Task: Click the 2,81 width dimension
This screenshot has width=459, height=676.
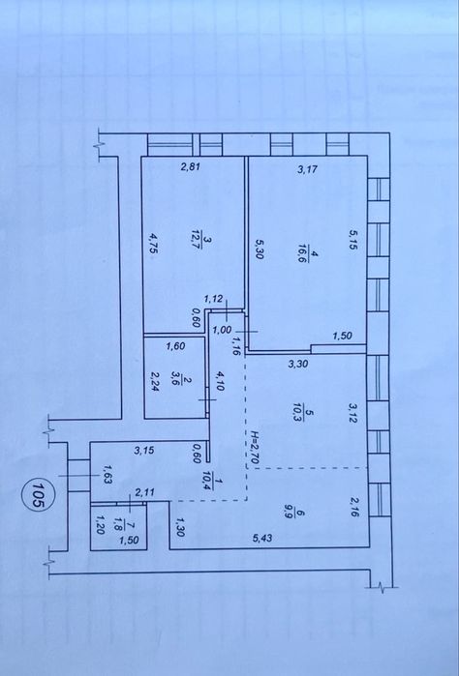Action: click(x=191, y=167)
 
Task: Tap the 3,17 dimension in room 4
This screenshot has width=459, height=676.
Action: click(x=308, y=169)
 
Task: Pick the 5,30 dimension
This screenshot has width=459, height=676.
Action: click(x=260, y=249)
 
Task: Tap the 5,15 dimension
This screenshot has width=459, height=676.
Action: click(x=353, y=239)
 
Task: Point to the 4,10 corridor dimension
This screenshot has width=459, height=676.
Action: click(x=220, y=381)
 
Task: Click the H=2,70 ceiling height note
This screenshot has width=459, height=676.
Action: click(x=255, y=447)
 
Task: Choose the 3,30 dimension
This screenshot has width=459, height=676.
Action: click(x=298, y=364)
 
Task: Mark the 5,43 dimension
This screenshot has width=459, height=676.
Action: click(x=263, y=538)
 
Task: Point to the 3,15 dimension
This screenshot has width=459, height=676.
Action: click(x=143, y=451)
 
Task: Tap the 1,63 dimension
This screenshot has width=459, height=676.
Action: click(x=107, y=474)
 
